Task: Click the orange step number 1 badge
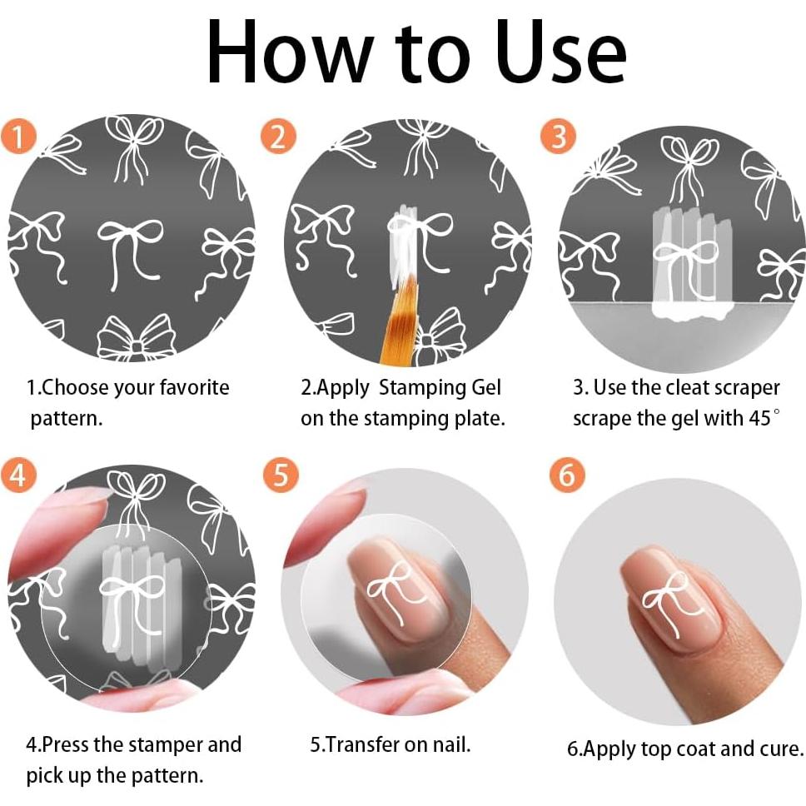click(x=18, y=137)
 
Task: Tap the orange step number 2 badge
click(x=278, y=137)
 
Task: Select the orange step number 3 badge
click(x=558, y=137)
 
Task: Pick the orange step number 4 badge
click(x=18, y=474)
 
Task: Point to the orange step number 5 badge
click(x=281, y=474)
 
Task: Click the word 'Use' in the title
click(x=561, y=52)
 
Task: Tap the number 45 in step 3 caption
click(x=759, y=419)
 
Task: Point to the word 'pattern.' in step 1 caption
click(x=67, y=419)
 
